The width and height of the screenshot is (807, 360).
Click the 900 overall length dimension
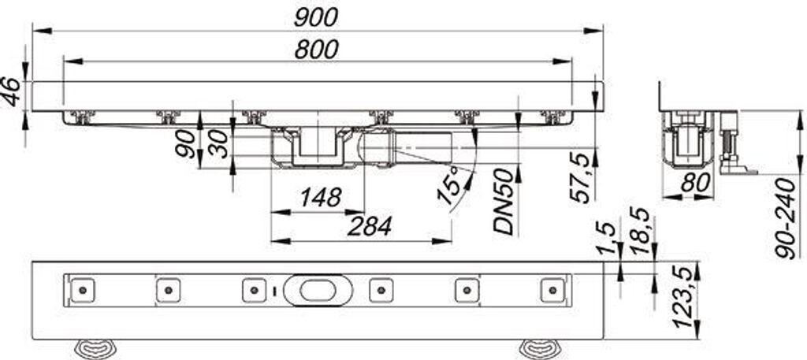pos(317,17)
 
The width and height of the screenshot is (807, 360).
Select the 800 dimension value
pos(316,48)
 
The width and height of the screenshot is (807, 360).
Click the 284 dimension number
pos(368,227)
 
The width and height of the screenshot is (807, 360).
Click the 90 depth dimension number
pos(188,144)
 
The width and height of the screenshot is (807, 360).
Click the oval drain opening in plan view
pos(314,290)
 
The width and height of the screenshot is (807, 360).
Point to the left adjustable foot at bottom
pos(95,347)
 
